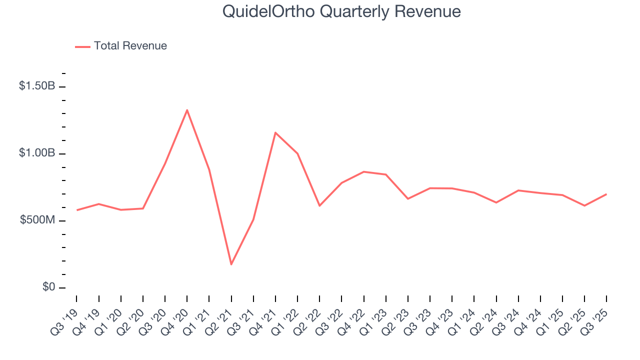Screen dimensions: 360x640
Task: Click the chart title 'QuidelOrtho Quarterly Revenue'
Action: [x=341, y=11]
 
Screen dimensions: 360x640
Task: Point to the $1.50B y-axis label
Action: [x=37, y=86]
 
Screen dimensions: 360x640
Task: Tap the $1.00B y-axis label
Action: [x=37, y=153]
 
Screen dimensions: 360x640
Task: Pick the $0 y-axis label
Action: [x=48, y=287]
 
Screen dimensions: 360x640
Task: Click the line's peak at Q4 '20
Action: [x=187, y=110]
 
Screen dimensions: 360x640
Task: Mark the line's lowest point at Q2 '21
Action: [x=231, y=264]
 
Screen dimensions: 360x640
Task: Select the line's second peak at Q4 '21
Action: [x=275, y=132]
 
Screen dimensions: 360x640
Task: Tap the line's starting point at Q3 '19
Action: [x=76, y=210]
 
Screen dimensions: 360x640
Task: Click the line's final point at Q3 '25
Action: [x=606, y=194]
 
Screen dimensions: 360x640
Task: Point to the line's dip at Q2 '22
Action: [x=319, y=205]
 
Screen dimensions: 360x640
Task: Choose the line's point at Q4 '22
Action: [x=363, y=171]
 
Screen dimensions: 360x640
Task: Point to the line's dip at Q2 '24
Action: [x=496, y=202]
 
